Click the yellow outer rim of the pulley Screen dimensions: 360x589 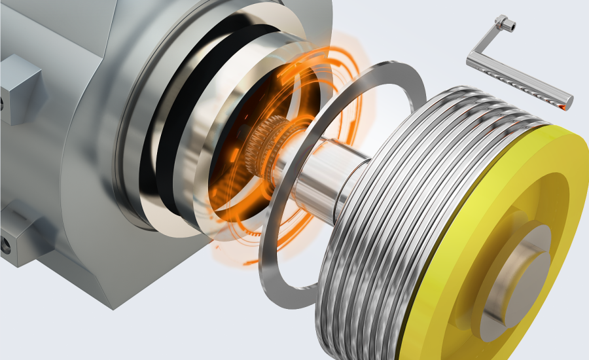coord(563,164)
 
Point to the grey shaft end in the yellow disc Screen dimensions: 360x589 coord(527,275)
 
